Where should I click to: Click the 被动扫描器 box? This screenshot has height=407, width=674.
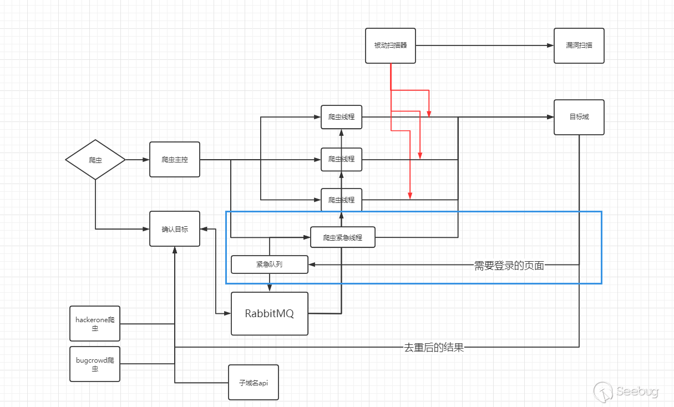(391, 45)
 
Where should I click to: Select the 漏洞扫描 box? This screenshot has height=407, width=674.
(579, 45)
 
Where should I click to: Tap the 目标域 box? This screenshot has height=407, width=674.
(579, 117)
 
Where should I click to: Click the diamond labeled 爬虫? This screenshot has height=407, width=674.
(95, 160)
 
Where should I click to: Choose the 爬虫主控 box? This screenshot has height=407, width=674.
(175, 160)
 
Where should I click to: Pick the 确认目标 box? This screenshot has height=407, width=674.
(175, 228)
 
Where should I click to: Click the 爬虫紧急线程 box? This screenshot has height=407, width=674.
(342, 237)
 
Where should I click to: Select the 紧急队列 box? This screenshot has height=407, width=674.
(269, 264)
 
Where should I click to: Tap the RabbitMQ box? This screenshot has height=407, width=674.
(269, 313)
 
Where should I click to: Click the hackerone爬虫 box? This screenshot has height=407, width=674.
(95, 323)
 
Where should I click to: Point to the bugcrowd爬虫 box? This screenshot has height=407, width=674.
(95, 364)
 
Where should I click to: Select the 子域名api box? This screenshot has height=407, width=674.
(253, 382)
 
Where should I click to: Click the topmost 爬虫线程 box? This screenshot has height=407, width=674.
(341, 117)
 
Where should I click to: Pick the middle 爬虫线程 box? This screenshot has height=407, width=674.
(341, 159)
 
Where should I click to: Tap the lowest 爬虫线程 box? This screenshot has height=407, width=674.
(341, 200)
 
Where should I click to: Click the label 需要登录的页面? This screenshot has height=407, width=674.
(509, 266)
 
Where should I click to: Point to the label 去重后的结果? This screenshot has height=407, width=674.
(433, 348)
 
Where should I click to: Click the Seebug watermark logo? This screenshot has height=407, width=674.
(627, 391)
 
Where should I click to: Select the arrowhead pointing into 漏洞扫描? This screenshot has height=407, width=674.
(550, 45)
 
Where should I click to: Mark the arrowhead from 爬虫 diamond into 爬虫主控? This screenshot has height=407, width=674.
(146, 160)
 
